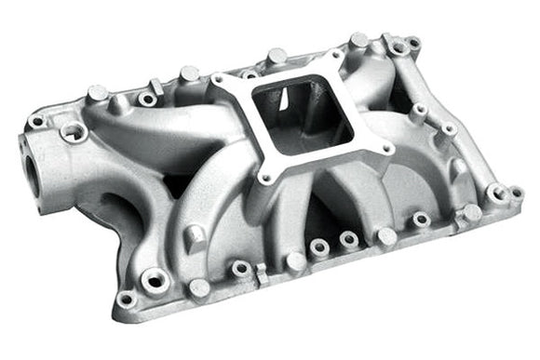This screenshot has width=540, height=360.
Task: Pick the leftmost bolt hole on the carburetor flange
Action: [x=220, y=84]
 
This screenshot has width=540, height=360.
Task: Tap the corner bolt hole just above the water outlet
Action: [x=36, y=121]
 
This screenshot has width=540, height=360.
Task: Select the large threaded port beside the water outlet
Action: [x=72, y=134]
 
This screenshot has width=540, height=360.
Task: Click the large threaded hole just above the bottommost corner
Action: [x=155, y=277]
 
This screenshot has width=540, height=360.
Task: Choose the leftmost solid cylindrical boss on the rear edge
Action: [x=97, y=93]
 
